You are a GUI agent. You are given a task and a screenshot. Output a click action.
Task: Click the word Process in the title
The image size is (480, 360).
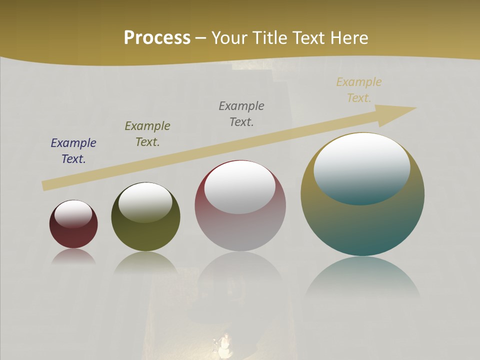click(157, 38)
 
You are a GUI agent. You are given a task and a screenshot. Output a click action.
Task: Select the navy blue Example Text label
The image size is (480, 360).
click(73, 151)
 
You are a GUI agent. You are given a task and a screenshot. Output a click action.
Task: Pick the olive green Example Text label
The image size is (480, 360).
click(147, 134)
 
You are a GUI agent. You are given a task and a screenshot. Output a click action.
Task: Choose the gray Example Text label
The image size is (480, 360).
click(241, 114)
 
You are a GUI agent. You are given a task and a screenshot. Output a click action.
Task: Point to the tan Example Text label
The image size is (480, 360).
click(358, 90)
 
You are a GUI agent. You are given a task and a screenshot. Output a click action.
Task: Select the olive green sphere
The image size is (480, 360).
click(145, 235)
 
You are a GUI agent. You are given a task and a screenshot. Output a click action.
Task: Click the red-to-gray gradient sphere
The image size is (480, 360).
click(240, 230)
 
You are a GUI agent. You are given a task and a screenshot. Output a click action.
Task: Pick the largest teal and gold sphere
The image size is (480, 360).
click(362, 225)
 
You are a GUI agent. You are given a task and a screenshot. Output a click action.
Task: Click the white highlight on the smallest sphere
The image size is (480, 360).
click(73, 214)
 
